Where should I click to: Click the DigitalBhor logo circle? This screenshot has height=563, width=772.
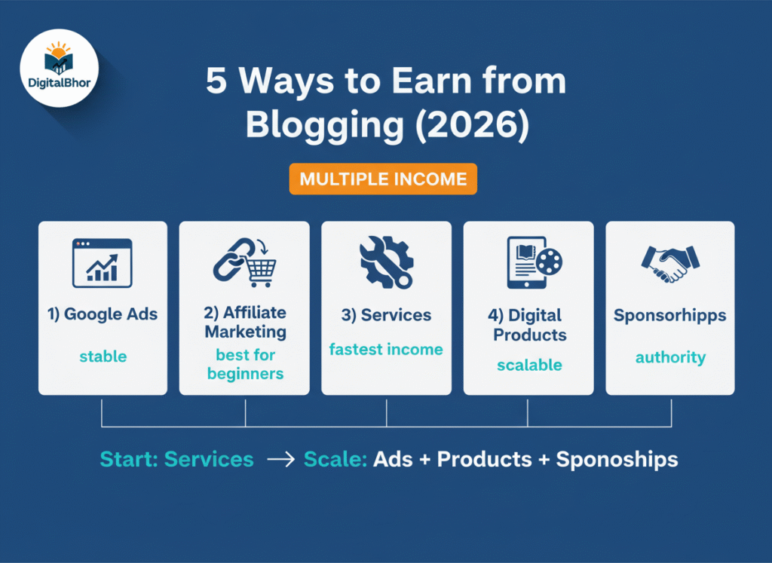[59, 68]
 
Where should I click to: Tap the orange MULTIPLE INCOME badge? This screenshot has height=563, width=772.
[383, 179]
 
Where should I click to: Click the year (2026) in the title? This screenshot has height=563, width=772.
[472, 124]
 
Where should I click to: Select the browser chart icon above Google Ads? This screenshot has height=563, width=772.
[103, 263]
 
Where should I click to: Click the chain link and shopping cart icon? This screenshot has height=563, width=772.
[245, 262]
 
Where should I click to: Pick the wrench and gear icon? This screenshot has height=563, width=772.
[387, 262]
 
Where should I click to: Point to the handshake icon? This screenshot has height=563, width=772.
[670, 264]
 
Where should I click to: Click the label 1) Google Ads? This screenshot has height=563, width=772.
[103, 314]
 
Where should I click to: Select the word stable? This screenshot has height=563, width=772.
[103, 356]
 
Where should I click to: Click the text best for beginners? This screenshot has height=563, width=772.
[245, 364]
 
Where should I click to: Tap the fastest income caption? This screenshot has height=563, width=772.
[386, 350]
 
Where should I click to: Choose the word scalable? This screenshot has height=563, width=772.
[529, 365]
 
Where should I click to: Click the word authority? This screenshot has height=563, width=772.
[670, 357]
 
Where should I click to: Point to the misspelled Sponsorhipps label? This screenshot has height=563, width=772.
[670, 316]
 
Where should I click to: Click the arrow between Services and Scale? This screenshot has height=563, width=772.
[280, 460]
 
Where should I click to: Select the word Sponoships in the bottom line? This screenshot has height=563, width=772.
[617, 460]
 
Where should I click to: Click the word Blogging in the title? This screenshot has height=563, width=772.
[325, 124]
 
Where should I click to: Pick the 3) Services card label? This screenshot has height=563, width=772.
[387, 315]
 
